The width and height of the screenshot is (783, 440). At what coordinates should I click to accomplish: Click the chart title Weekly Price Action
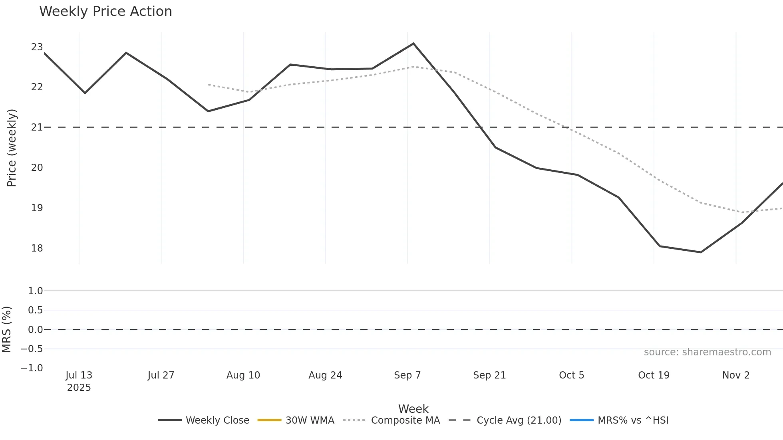[x=105, y=12]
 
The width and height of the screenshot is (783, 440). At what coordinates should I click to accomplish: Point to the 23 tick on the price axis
[x=37, y=47]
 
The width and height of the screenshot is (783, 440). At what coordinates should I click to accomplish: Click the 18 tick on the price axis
[x=37, y=248]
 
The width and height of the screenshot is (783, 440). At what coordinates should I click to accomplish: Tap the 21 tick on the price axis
[x=37, y=127]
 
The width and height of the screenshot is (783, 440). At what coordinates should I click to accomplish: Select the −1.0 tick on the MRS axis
[x=32, y=368]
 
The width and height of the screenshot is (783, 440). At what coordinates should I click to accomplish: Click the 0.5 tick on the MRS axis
[x=35, y=310]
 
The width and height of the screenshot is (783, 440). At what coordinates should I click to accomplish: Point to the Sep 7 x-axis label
[x=407, y=375]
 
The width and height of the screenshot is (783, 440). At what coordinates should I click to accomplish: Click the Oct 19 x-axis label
[x=654, y=375]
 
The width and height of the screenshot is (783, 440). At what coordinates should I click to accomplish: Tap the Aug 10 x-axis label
[x=243, y=375]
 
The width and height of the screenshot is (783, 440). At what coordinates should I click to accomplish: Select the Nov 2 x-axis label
[x=736, y=375]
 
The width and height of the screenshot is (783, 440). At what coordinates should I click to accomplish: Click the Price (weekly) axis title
[x=12, y=148]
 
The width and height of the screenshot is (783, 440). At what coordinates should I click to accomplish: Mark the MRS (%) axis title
[x=7, y=329]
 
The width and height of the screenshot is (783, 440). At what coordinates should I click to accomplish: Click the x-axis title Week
[x=413, y=409]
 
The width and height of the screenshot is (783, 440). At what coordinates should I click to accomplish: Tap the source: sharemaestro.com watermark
[x=707, y=352]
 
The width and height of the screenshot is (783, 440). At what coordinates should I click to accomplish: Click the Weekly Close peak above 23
[x=413, y=44]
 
